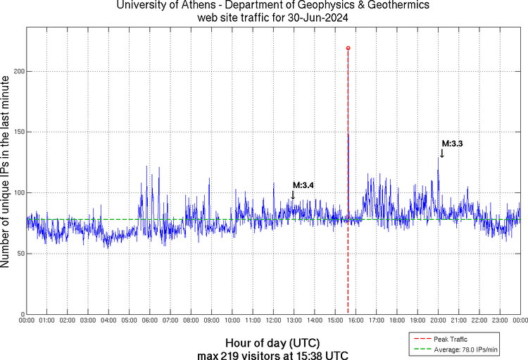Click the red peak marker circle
348,49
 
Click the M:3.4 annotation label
303,185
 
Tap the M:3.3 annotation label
452,144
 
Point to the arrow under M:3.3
442,153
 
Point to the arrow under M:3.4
293,194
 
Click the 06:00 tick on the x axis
150,320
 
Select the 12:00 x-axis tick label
273,320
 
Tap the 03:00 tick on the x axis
88,320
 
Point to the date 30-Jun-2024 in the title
312,17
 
